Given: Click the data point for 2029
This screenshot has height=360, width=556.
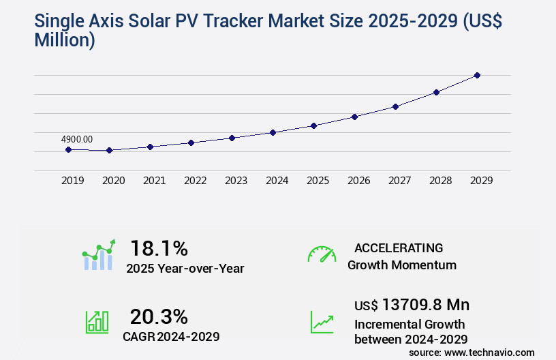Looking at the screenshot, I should [x=477, y=75].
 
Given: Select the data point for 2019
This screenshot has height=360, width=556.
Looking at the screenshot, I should [x=68, y=149].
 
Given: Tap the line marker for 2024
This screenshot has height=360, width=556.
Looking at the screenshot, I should [x=273, y=132].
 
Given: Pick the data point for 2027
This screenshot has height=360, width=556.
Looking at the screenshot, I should [x=395, y=106].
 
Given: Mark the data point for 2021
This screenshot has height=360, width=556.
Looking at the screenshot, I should [x=150, y=147].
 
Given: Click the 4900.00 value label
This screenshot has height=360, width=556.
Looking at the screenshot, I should [x=76, y=139].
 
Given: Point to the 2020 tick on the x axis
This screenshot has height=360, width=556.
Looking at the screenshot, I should [x=113, y=181].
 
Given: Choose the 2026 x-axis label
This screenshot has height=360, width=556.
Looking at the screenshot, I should [x=358, y=181].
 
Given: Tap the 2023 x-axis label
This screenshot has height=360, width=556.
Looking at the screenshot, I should [x=236, y=181].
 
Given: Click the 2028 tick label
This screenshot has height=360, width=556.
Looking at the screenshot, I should [x=440, y=181].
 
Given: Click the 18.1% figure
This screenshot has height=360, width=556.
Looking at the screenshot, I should [x=159, y=247].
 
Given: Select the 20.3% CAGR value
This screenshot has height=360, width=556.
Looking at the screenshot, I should [x=159, y=316].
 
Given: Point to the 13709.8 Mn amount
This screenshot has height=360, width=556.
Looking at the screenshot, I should [x=426, y=305].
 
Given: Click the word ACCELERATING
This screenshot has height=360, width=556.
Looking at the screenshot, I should [x=399, y=247].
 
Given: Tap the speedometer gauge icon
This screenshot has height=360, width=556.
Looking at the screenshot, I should [x=322, y=254].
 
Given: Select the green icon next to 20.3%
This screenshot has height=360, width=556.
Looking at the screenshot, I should [x=97, y=322].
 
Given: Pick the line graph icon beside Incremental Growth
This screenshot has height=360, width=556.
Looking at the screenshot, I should [x=322, y=322].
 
